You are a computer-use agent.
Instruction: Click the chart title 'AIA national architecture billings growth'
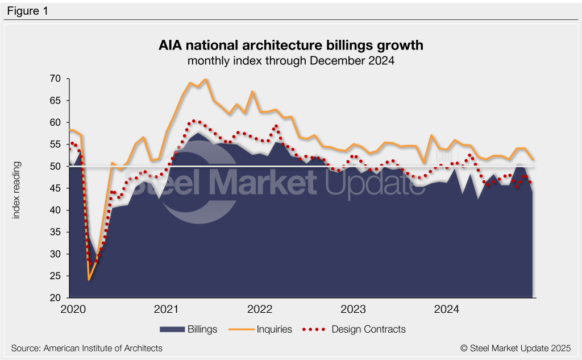tap(290, 45)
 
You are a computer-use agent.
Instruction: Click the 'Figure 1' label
tap(28, 10)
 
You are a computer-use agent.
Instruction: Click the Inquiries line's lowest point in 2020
tap(89, 280)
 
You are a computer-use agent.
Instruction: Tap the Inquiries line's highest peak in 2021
tap(205, 80)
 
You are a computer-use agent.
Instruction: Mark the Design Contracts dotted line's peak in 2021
tap(194, 121)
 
